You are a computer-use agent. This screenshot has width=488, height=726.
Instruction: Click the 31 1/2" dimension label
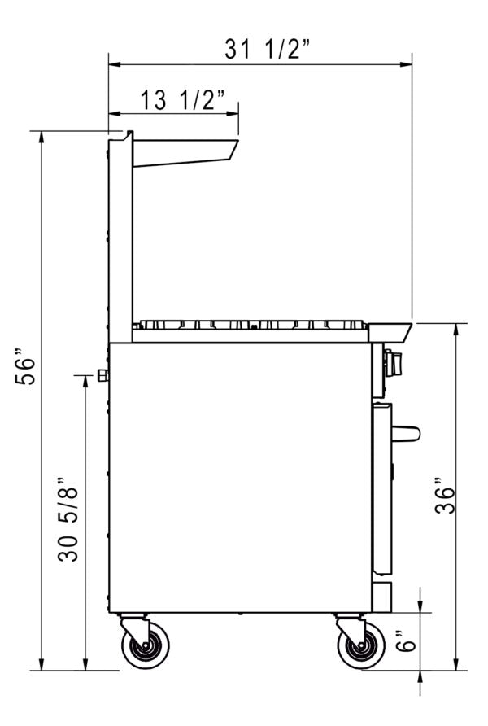point(268,50)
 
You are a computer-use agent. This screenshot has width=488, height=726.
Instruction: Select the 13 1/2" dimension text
point(181,100)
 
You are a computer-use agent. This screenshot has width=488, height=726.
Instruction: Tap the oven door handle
point(406,433)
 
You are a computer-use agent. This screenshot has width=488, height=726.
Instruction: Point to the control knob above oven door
point(394,362)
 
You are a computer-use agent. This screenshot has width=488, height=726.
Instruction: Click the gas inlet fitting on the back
point(103,374)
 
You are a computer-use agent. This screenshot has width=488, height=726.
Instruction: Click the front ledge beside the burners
point(390,332)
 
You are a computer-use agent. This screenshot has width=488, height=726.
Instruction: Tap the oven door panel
point(381,488)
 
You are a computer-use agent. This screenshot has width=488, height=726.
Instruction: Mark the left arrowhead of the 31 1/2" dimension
point(113,63)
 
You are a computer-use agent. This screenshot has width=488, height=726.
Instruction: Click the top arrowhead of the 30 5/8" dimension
point(85,381)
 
